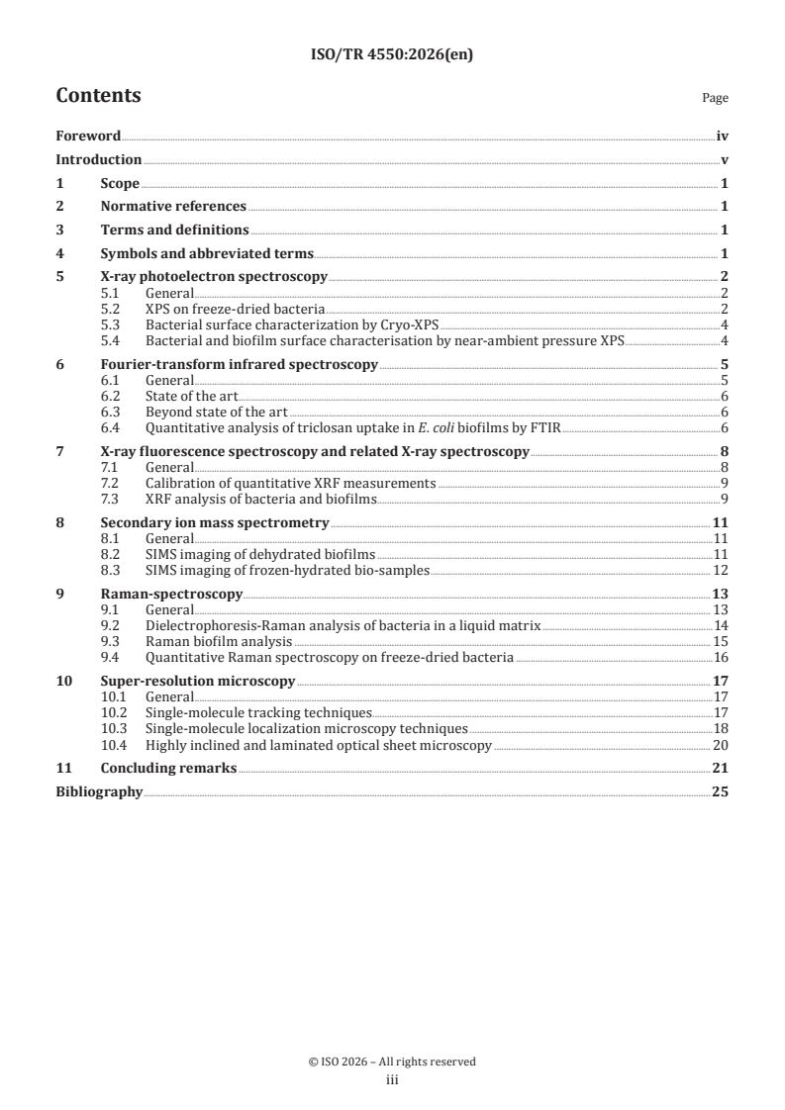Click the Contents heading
(98, 96)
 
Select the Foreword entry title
(88, 137)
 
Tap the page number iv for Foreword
(722, 137)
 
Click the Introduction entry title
(98, 159)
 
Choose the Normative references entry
(173, 206)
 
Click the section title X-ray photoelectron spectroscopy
(213, 276)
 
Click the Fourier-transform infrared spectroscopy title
(239, 364)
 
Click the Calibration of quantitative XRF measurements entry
(290, 483)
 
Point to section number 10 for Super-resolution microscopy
(63, 681)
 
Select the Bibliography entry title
(99, 791)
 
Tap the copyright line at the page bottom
(392, 1062)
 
